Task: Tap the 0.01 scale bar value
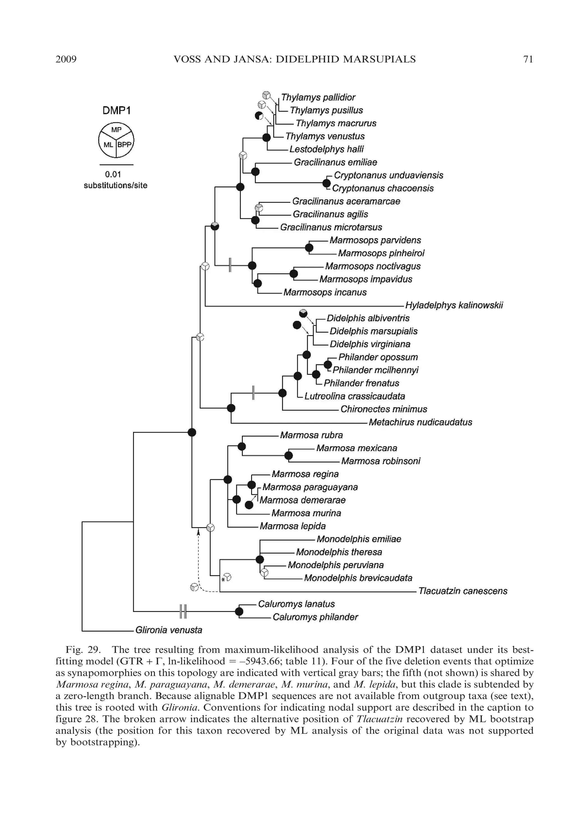(113, 174)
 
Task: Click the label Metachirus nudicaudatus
(420, 422)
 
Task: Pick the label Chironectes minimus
(383, 409)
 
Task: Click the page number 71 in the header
(528, 59)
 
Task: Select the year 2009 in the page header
(66, 59)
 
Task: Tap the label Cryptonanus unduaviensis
(388, 175)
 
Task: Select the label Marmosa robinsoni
(381, 461)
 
